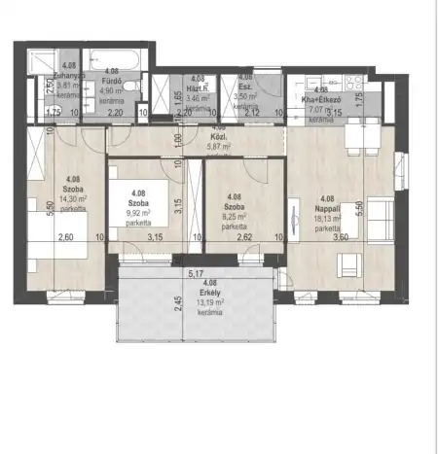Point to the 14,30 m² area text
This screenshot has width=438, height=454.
coord(73,197)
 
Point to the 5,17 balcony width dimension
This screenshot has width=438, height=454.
coord(195,274)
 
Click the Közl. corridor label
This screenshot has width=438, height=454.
coord(219,136)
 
